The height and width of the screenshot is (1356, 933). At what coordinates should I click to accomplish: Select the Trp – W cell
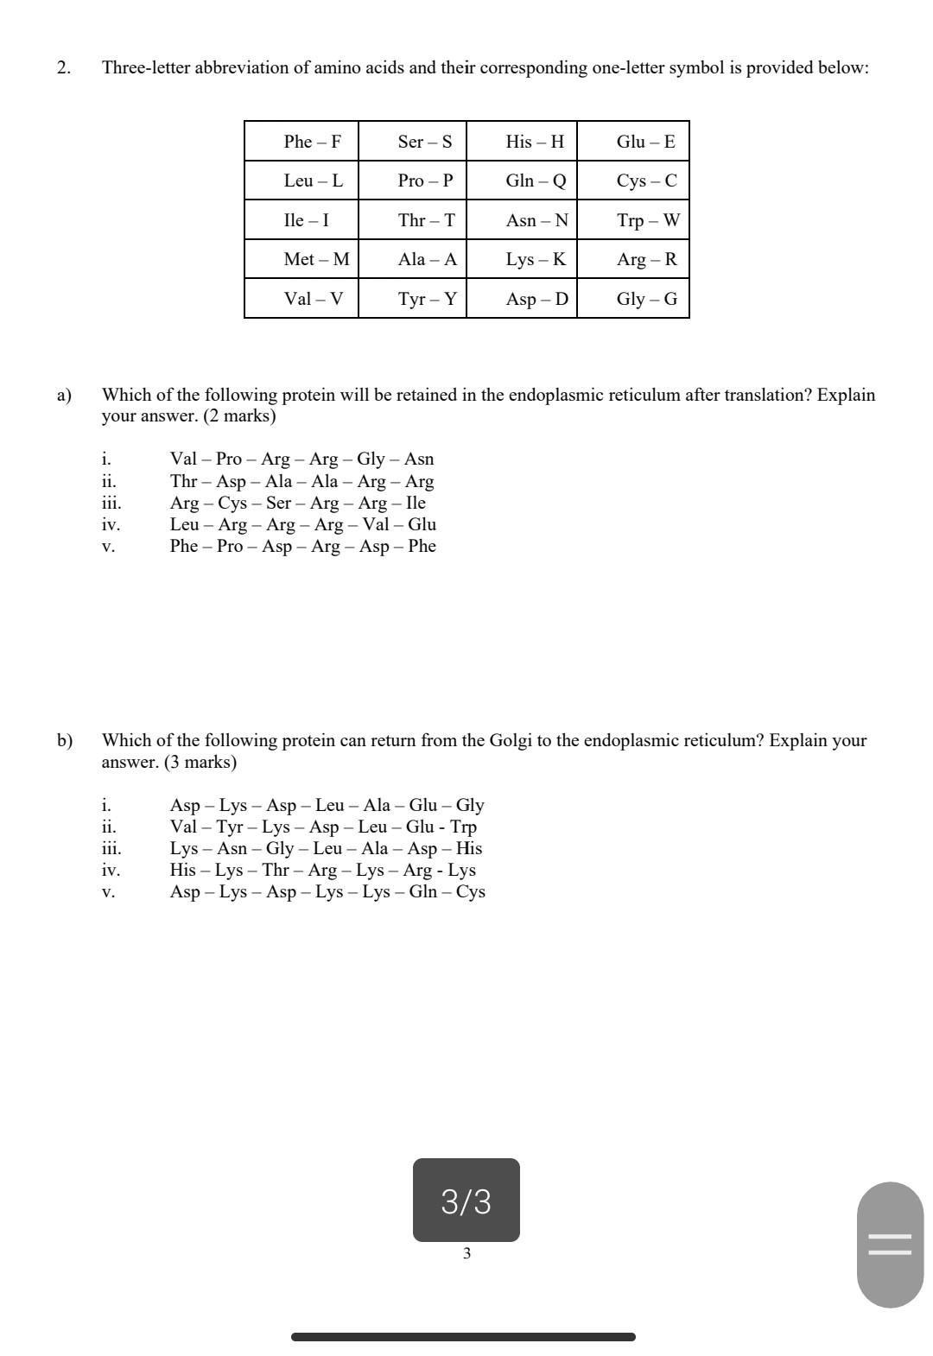(648, 220)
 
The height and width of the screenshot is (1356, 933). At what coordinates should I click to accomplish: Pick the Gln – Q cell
(536, 181)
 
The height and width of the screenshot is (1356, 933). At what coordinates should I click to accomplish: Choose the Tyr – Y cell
(427, 299)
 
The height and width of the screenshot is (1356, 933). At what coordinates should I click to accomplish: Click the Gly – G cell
(646, 299)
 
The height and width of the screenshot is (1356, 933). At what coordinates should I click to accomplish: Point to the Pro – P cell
(425, 181)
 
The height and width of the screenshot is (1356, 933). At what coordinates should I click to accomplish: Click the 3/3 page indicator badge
(466, 1201)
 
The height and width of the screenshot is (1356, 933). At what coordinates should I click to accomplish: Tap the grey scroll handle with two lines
(890, 1244)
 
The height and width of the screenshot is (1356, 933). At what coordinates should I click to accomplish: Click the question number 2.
(63, 67)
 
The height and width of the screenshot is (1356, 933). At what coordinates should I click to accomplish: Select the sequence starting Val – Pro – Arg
(301, 459)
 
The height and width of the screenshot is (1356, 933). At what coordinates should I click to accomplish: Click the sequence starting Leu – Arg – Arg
(302, 524)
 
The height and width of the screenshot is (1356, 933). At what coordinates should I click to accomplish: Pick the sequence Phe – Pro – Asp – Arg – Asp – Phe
(302, 546)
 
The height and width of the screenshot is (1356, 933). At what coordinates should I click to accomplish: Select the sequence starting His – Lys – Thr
(322, 870)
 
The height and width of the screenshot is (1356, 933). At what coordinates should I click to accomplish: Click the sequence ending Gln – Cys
(327, 891)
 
